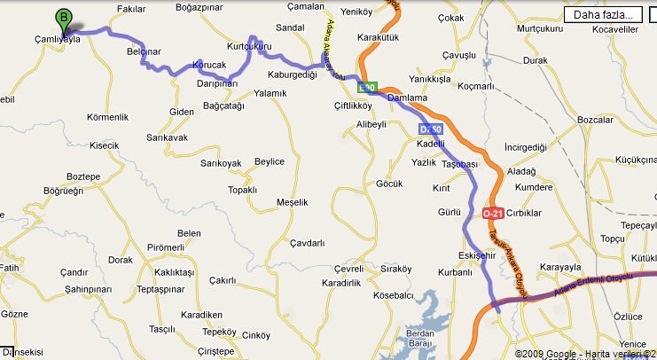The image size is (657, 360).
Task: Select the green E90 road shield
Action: point(367,88)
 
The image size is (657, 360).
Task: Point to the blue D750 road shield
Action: point(429,129)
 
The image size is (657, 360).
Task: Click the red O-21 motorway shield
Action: point(492,214)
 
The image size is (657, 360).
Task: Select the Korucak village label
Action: point(209,66)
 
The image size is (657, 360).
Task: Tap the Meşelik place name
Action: point(292,202)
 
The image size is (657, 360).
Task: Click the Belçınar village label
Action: point(144,52)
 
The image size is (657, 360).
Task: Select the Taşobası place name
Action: point(459,164)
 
